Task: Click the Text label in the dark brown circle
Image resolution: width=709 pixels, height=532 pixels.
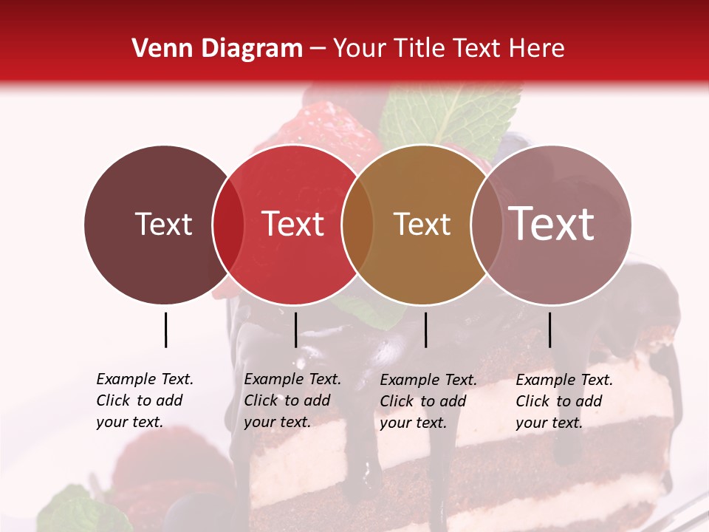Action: (x=163, y=225)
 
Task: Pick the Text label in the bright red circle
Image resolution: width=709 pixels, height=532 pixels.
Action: (x=292, y=225)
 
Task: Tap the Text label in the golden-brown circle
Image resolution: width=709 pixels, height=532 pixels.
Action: (x=422, y=225)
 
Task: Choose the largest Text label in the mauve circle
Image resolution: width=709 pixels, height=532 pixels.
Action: (x=551, y=224)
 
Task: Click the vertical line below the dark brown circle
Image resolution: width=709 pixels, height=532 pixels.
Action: (x=165, y=330)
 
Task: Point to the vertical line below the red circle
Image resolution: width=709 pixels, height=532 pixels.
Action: (x=295, y=330)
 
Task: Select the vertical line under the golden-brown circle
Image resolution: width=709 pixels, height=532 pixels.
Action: (x=425, y=330)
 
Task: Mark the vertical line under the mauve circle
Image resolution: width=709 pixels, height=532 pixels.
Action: (x=549, y=330)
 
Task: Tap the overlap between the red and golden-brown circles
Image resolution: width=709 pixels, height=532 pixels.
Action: (x=357, y=225)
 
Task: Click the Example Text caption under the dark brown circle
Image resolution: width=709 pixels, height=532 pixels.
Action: (x=145, y=400)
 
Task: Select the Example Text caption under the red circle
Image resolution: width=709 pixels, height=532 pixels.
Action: (x=292, y=400)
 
